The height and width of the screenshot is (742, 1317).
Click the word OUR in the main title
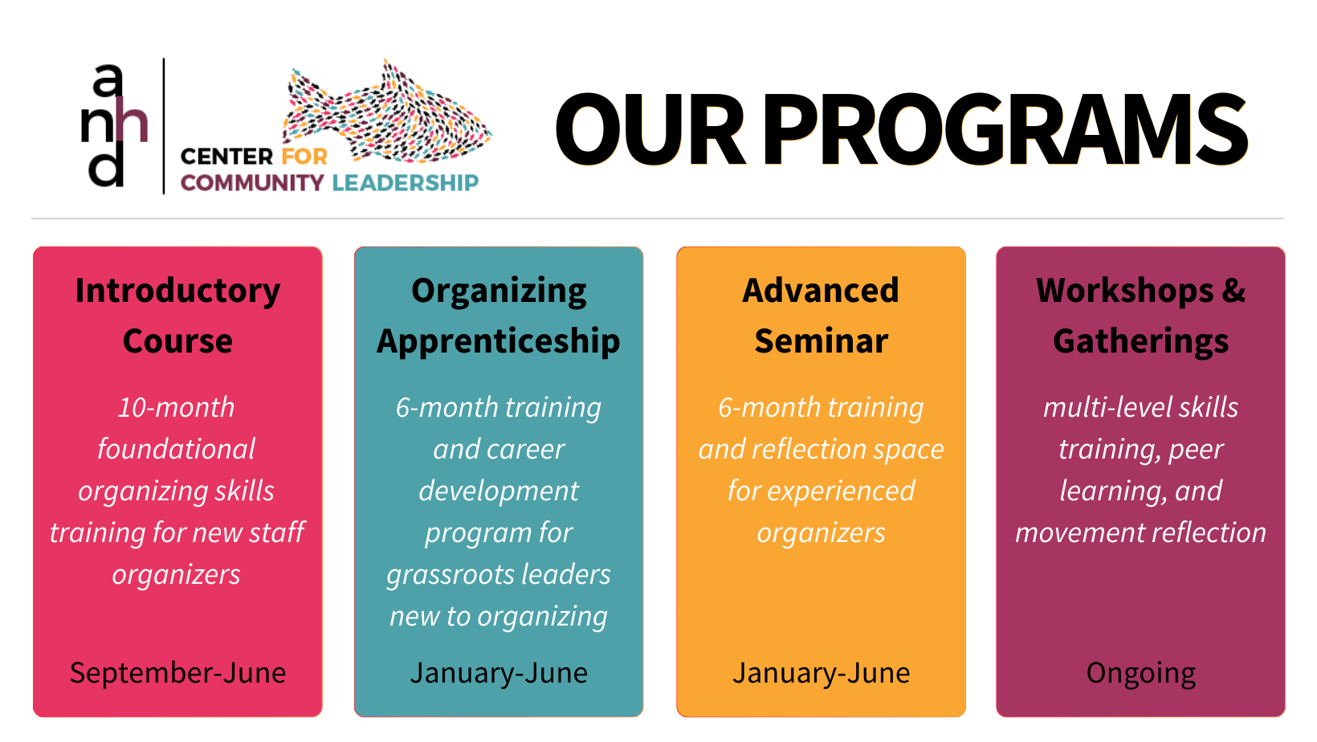click(x=650, y=129)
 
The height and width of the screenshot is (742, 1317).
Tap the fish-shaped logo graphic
click(x=386, y=111)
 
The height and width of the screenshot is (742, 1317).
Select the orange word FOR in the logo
click(x=304, y=157)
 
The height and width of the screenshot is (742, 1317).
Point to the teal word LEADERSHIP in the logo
click(x=405, y=183)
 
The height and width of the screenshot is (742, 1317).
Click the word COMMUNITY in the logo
click(x=252, y=183)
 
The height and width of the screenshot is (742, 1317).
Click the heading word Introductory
click(x=177, y=291)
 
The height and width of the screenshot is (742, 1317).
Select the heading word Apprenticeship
click(x=499, y=341)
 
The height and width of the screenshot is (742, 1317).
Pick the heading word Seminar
click(x=822, y=341)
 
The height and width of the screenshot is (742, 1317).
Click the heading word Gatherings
click(x=1140, y=341)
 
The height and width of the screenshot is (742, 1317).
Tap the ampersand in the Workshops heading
click(x=1233, y=291)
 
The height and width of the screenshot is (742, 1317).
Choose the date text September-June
click(x=177, y=673)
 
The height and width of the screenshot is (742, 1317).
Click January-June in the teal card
click(x=499, y=673)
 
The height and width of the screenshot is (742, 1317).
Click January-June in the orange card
click(x=822, y=673)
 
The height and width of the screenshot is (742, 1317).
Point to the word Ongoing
click(x=1140, y=674)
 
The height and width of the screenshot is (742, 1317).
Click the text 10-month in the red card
click(x=177, y=407)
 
